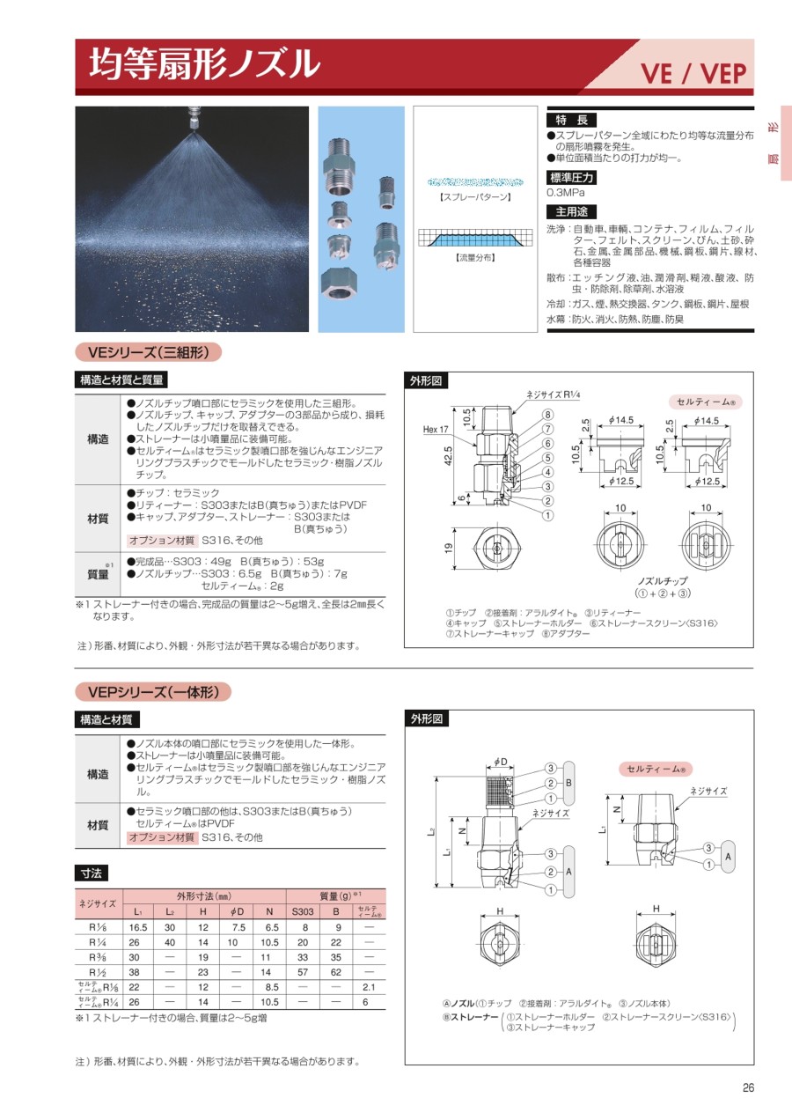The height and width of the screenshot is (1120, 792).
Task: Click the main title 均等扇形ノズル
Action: (205, 63)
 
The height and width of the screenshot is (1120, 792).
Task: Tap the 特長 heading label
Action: (570, 120)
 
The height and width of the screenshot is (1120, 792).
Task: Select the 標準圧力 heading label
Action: (570, 177)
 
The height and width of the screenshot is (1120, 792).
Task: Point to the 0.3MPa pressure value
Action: (565, 192)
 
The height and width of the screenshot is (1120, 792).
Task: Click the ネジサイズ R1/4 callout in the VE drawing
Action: (551, 395)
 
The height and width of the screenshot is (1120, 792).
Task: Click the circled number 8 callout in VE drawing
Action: (547, 415)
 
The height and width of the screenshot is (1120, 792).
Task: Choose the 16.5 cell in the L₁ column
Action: (138, 927)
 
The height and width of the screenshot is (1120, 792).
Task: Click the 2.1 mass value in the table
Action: (369, 987)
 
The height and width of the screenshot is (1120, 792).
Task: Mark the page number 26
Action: (748, 1087)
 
